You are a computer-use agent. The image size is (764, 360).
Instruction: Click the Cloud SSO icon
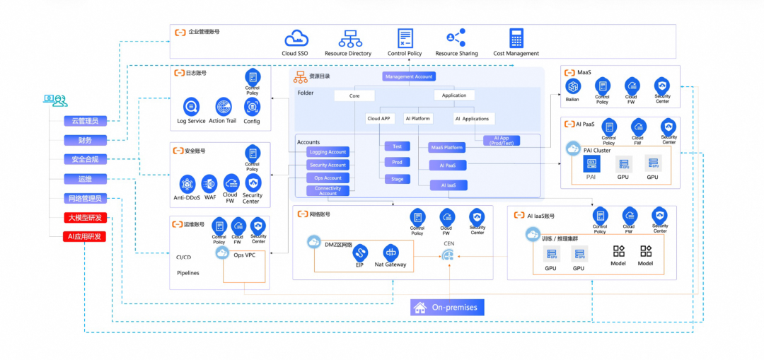(x=295, y=38)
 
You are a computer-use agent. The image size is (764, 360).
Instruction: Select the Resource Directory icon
(x=349, y=38)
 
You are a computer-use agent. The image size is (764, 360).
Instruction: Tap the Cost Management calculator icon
(x=516, y=38)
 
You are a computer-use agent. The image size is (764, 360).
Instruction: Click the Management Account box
(x=409, y=76)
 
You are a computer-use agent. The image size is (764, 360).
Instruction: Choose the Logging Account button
(x=328, y=152)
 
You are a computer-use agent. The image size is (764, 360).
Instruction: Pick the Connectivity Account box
(x=328, y=190)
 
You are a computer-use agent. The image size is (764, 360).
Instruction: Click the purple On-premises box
(x=447, y=308)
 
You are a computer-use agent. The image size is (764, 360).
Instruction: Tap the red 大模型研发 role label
(x=85, y=218)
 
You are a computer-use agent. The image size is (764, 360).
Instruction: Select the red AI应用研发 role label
(x=85, y=236)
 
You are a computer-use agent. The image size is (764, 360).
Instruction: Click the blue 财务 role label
(x=85, y=140)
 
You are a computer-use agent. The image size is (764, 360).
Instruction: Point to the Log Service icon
(x=191, y=107)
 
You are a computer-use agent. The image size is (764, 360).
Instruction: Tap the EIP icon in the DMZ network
(x=360, y=252)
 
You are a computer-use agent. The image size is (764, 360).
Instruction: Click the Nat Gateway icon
(x=390, y=252)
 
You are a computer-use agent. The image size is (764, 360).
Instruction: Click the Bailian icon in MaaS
(x=573, y=86)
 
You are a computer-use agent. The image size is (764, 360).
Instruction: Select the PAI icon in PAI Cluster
(x=591, y=163)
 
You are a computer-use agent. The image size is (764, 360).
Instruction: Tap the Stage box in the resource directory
(x=398, y=179)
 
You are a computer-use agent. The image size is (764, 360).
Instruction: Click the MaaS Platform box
(x=446, y=148)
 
